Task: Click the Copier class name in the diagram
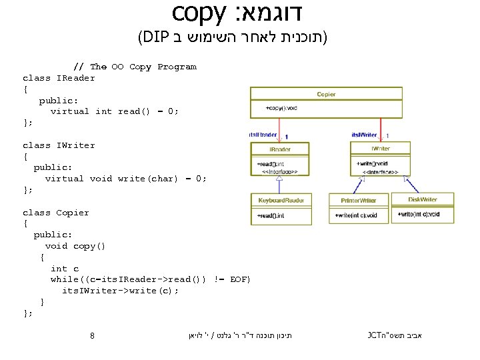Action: tap(326, 94)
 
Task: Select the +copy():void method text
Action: tap(281, 107)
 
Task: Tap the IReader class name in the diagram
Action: tap(280, 149)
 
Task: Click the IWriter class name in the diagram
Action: tap(381, 149)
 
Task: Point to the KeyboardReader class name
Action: tap(281, 200)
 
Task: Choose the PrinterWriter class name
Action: tap(359, 200)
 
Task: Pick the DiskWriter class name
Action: tap(423, 199)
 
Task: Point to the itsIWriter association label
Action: tap(364, 135)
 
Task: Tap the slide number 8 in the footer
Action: tap(92, 335)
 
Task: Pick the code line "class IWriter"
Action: tap(59, 145)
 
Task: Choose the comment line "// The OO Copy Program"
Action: tap(134, 67)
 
